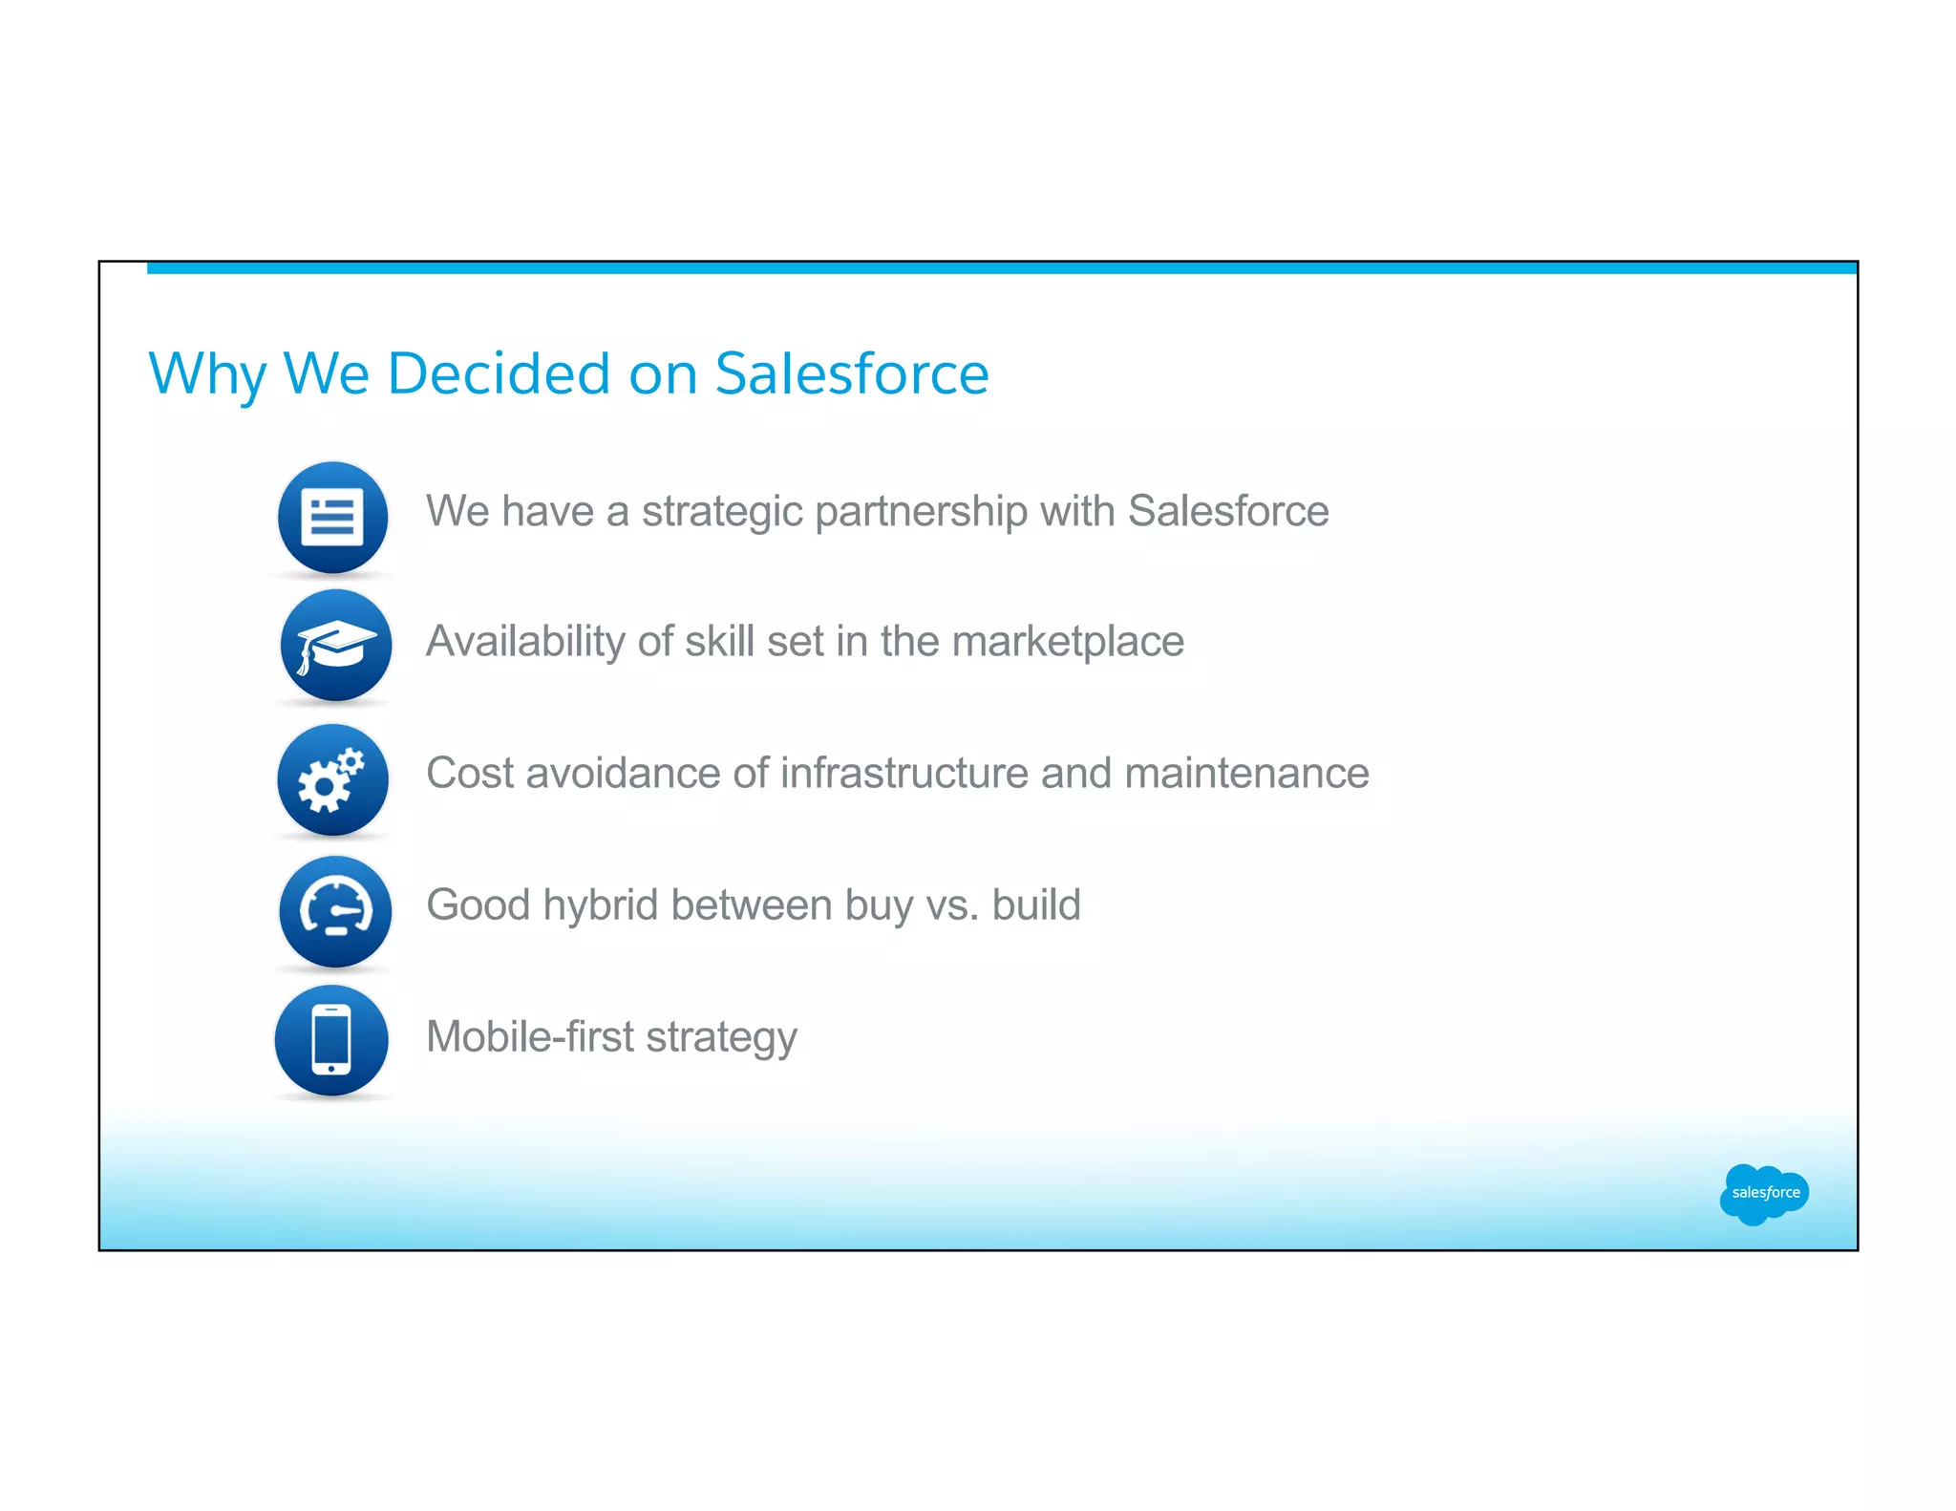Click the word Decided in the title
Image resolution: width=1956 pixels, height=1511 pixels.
point(498,373)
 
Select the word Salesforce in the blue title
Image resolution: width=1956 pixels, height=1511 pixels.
point(851,373)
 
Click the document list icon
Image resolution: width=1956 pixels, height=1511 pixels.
point(332,518)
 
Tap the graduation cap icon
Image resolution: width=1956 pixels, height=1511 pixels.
point(335,646)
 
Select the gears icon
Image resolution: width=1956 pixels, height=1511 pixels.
point(332,779)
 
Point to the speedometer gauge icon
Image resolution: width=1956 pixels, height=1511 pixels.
point(335,910)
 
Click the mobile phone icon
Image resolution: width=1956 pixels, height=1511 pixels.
point(331,1040)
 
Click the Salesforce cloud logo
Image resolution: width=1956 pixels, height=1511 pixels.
point(1763,1193)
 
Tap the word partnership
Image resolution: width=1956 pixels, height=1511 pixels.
point(921,512)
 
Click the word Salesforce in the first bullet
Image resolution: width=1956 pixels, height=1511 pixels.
point(1227,511)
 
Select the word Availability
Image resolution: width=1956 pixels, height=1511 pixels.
point(524,641)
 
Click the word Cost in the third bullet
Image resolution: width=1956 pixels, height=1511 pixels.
point(469,773)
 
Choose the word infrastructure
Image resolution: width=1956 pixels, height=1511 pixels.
point(904,773)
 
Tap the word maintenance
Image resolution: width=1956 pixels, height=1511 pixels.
point(1246,773)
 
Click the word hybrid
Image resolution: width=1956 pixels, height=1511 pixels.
point(600,905)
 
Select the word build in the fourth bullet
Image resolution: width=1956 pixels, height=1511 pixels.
point(1035,904)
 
